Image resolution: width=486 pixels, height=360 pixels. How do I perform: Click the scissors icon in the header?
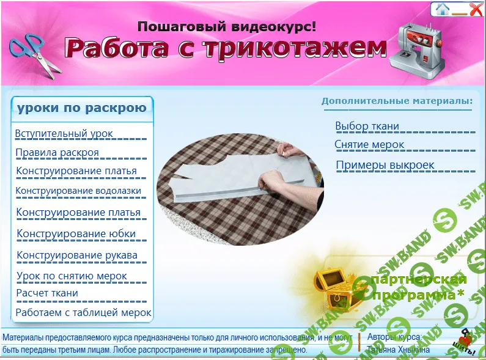click(x=35, y=53)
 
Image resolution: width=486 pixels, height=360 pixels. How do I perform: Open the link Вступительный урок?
click(x=64, y=134)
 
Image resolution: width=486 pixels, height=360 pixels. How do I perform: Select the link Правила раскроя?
click(x=57, y=152)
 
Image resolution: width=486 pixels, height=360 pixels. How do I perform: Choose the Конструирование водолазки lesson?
click(x=79, y=191)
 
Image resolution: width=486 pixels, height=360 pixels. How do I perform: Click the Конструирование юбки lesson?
click(x=76, y=233)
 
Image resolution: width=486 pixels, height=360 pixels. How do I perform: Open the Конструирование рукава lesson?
click(x=77, y=255)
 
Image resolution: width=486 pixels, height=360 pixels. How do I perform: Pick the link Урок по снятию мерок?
click(x=72, y=276)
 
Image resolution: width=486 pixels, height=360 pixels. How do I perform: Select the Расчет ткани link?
click(x=47, y=293)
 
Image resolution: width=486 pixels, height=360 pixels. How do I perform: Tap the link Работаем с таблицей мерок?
click(x=84, y=313)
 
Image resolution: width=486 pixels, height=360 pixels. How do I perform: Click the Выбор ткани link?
click(x=367, y=127)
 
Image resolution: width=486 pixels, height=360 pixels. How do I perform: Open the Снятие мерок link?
click(x=370, y=145)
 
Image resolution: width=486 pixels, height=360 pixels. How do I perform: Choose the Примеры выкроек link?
click(x=385, y=165)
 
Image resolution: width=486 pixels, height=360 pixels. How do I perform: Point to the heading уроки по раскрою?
click(x=82, y=108)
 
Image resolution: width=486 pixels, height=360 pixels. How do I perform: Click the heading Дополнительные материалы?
click(x=397, y=101)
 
